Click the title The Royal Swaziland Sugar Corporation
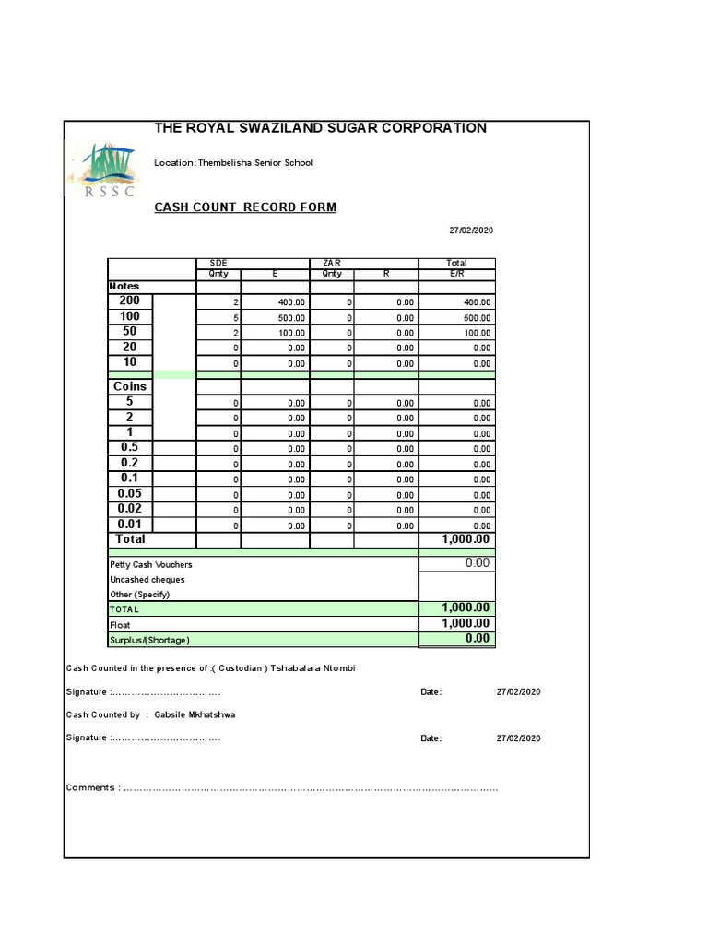[x=320, y=128]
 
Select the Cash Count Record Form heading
[x=245, y=207]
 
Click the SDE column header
[x=218, y=263]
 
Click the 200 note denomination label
[x=129, y=301]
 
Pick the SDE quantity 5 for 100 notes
[x=236, y=318]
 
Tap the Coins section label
[x=130, y=386]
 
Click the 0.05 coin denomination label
[x=129, y=493]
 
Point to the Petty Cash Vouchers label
[x=151, y=564]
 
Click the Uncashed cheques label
[x=147, y=580]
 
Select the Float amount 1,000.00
[x=466, y=624]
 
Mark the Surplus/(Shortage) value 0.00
[x=477, y=639]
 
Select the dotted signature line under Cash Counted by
[x=166, y=738]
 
